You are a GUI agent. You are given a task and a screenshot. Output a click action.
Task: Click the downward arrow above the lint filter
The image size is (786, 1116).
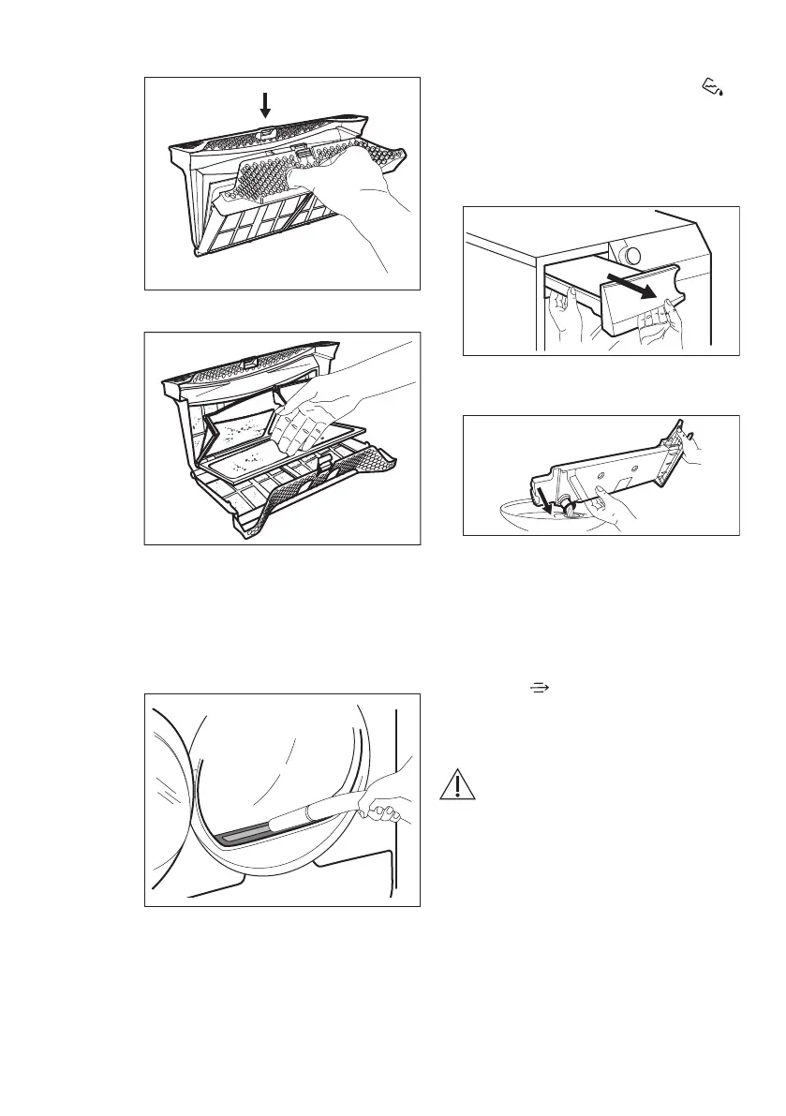click(x=266, y=104)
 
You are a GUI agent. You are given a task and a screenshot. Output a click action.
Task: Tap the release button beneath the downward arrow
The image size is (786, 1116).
click(x=266, y=133)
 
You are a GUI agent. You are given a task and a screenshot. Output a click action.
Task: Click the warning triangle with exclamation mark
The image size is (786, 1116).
click(x=458, y=783)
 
